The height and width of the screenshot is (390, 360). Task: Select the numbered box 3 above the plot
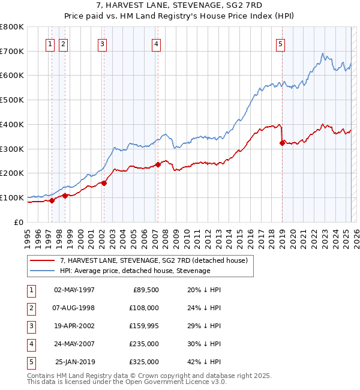click(103, 43)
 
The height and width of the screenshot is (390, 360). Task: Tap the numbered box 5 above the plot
click(280, 43)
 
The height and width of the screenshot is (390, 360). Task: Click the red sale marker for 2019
click(282, 143)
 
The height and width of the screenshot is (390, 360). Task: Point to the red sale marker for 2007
click(158, 164)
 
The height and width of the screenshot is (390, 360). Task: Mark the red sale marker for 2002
click(104, 183)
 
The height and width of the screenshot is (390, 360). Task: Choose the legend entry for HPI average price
click(134, 271)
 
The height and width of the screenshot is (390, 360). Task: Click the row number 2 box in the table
click(31, 308)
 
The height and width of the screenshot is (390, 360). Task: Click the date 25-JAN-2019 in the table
click(75, 362)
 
